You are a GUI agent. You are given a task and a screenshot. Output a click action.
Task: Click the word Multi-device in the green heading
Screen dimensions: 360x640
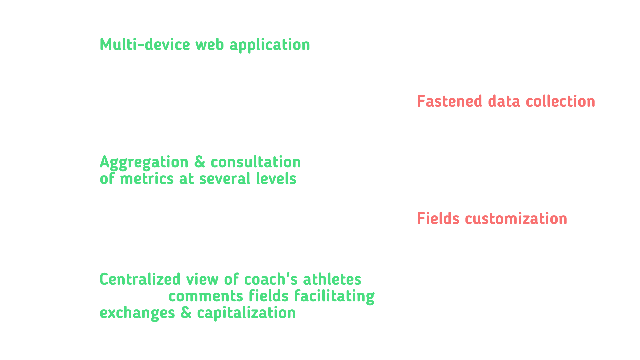tap(145, 45)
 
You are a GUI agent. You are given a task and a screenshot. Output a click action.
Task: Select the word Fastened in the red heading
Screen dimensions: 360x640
tap(450, 102)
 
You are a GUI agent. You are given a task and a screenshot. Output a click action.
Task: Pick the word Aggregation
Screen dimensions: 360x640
tap(144, 163)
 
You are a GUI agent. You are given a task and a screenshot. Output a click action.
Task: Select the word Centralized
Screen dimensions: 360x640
tap(140, 279)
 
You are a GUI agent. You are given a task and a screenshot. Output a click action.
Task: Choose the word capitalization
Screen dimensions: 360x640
tap(246, 313)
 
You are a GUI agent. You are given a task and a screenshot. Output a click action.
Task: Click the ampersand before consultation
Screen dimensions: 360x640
tap(199, 162)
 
